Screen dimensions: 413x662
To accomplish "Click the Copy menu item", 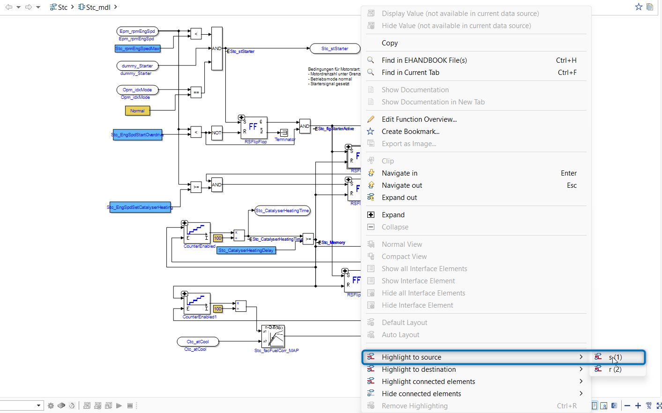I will [x=390, y=43].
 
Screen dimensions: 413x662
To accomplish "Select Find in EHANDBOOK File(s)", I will [x=424, y=60].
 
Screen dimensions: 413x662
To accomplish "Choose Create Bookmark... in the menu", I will [x=410, y=132].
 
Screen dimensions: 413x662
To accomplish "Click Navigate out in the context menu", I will [x=402, y=185].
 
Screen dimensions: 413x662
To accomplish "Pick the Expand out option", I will [x=399, y=198].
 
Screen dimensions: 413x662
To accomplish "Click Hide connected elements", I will [x=421, y=394].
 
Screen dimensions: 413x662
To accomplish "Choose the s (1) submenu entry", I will [x=615, y=357].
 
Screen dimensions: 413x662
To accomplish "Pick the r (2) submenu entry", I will [x=615, y=369].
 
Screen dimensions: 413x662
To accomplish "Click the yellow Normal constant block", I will [x=137, y=111].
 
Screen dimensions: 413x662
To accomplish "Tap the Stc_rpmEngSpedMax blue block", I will [x=137, y=49].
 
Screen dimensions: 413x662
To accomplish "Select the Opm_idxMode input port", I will [x=137, y=90].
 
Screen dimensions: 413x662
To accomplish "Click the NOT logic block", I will [x=216, y=133].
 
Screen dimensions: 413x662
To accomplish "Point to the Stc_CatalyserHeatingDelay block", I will [x=246, y=251].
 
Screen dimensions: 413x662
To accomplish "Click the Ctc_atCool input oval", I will [x=197, y=342].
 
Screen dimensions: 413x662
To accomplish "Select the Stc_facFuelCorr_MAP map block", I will [x=274, y=336].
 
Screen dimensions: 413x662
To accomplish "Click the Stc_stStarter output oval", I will [x=335, y=49].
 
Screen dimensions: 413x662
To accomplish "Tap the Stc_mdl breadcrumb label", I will [x=98, y=7].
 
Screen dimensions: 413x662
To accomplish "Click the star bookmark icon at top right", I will [x=639, y=7].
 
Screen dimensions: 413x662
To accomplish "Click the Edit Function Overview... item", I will [x=419, y=119].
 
